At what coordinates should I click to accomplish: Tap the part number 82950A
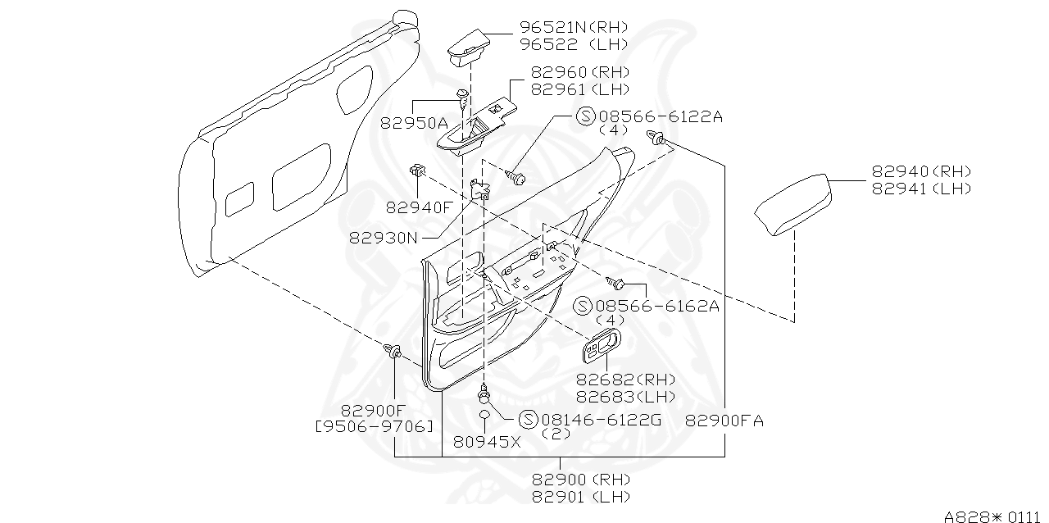coord(414,123)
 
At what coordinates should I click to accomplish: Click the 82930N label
coord(384,238)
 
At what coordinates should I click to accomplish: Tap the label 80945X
coord(487,442)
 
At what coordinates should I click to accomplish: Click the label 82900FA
coord(724,421)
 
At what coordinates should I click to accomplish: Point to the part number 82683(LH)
coord(625,396)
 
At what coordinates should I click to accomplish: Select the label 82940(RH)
coord(921,171)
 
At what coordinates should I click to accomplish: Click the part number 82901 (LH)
coord(581,496)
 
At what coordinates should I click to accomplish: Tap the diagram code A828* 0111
coord(994,516)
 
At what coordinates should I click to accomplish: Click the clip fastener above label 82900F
coord(393,353)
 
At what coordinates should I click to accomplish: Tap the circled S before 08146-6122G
coord(528,419)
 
